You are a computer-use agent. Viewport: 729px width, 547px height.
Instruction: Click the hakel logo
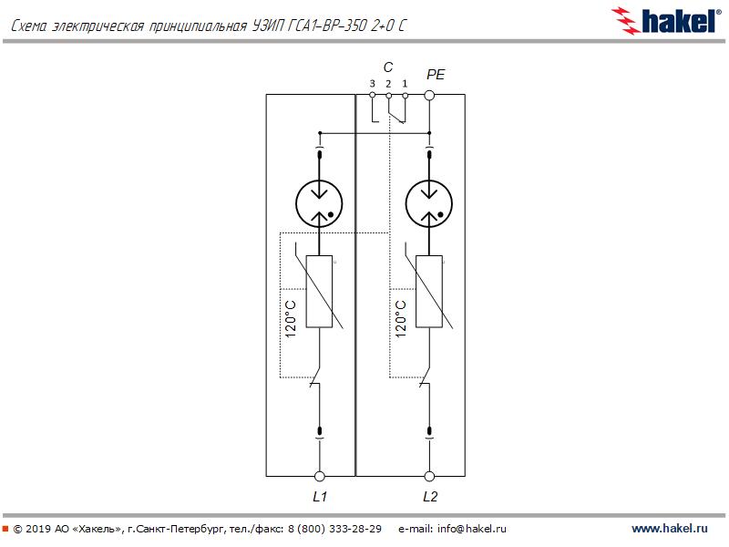click(x=666, y=21)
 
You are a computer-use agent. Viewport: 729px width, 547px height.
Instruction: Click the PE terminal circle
click(x=429, y=96)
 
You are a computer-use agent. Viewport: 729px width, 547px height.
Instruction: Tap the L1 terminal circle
click(x=320, y=476)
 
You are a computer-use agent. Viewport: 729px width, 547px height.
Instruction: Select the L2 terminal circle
click(x=429, y=476)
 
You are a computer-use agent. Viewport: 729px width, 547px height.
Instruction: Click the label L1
click(x=320, y=497)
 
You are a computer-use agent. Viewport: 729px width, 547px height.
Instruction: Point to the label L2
click(x=430, y=497)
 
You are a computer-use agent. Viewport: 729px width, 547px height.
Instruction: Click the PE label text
click(x=436, y=75)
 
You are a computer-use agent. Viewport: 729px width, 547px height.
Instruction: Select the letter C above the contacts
click(x=388, y=67)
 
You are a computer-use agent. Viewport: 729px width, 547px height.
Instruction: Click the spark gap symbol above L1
click(x=320, y=203)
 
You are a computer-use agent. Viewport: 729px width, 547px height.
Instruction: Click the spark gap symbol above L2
click(x=429, y=203)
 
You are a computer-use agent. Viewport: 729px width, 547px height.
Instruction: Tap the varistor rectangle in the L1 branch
click(x=320, y=291)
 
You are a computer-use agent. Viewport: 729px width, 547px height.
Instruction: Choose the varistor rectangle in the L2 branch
click(x=429, y=291)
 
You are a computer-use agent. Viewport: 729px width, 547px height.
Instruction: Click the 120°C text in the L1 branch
click(x=290, y=318)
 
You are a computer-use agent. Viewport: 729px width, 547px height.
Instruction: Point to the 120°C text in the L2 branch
click(x=400, y=318)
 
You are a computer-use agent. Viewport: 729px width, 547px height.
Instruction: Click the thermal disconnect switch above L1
click(x=316, y=377)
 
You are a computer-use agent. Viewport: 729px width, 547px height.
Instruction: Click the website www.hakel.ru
click(x=670, y=529)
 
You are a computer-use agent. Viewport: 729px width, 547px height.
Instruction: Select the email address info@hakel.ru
click(x=471, y=529)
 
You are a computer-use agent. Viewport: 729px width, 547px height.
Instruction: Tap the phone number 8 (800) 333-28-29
click(x=334, y=529)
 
